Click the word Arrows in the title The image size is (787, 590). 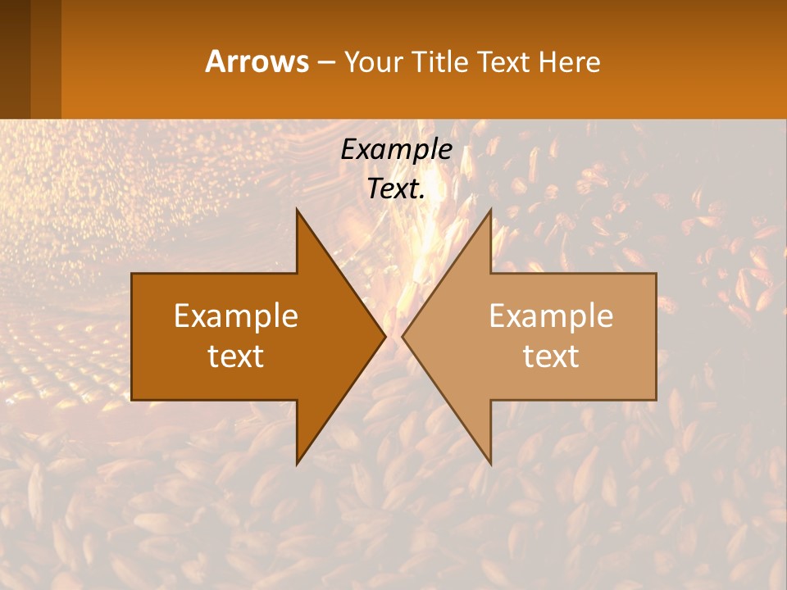pyautogui.click(x=257, y=61)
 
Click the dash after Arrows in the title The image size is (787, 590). pyautogui.click(x=325, y=62)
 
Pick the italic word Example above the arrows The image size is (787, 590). pyautogui.click(x=396, y=149)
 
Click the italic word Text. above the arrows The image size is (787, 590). pyautogui.click(x=396, y=188)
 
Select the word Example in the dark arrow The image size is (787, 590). pyautogui.click(x=236, y=316)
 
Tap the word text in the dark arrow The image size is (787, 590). pyautogui.click(x=236, y=356)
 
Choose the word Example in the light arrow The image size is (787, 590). pyautogui.click(x=551, y=316)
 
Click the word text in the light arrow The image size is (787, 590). pyautogui.click(x=551, y=356)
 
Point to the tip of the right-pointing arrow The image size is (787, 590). pyautogui.click(x=385, y=336)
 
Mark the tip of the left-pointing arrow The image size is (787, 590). pyautogui.click(x=403, y=336)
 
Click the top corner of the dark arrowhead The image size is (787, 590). pyautogui.click(x=297, y=209)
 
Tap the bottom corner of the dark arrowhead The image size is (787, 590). pyautogui.click(x=297, y=464)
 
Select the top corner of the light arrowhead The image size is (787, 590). pyautogui.click(x=490, y=209)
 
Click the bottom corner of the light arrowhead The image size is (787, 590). pyautogui.click(x=490, y=464)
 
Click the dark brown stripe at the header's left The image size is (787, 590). pyautogui.click(x=15, y=59)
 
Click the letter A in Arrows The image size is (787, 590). pyautogui.click(x=216, y=61)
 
